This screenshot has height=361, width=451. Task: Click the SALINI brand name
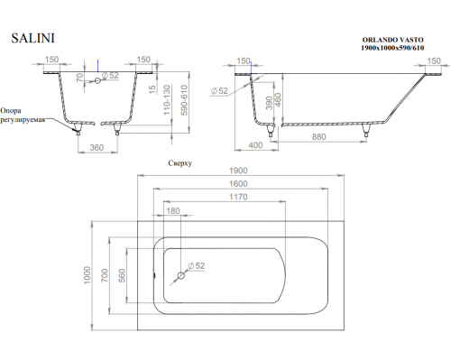pos(33,38)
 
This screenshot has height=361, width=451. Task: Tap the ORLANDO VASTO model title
pos(392,40)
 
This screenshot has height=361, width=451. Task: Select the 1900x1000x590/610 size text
pos(392,48)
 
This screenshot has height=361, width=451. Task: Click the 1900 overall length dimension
pos(238,171)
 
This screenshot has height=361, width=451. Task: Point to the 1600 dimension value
pos(238,183)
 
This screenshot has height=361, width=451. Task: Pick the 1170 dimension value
pos(238,197)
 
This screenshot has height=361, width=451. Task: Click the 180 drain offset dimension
pos(173,211)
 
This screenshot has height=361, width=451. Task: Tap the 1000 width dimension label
pos(87,275)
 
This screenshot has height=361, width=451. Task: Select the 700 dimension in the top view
pos(105,275)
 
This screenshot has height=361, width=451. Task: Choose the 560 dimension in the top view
pos(123,275)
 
